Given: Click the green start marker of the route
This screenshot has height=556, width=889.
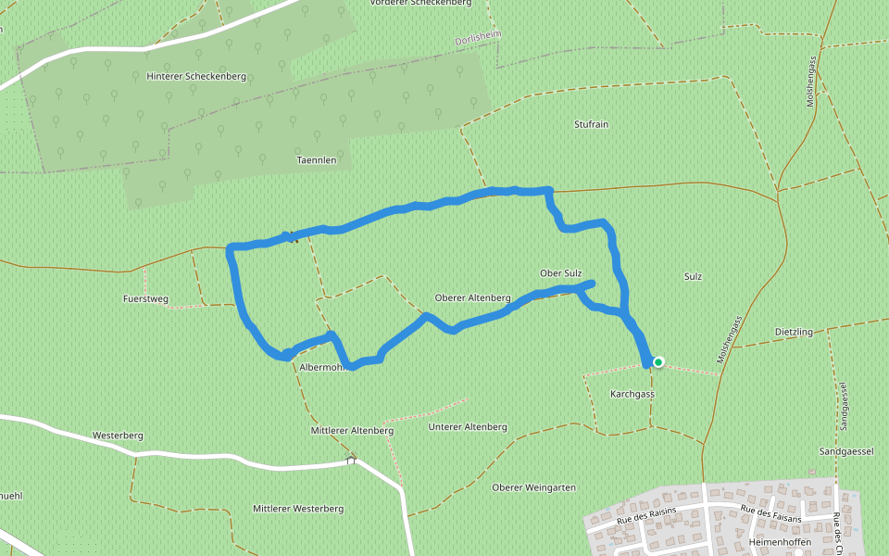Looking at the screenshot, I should click(658, 362).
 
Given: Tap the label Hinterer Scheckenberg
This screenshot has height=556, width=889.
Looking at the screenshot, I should click(196, 76).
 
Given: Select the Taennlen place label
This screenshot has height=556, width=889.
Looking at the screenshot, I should click(316, 160).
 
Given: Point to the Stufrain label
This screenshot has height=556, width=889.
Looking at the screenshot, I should click(591, 124).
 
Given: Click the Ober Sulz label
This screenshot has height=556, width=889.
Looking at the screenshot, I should click(560, 273).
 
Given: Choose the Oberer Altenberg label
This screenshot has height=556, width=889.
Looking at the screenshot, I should click(472, 298).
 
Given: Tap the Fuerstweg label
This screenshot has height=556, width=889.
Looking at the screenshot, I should click(145, 299).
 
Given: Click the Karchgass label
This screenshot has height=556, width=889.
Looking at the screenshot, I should click(632, 394).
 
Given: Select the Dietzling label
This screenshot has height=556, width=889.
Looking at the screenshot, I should click(794, 332).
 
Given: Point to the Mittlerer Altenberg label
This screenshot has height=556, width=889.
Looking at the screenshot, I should click(352, 431).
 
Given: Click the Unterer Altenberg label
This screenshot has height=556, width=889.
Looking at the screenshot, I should click(468, 427).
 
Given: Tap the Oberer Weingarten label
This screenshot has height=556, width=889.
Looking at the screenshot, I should click(534, 487).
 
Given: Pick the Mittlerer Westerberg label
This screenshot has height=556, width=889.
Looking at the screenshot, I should click(298, 509).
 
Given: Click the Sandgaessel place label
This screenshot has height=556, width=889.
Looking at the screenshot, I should click(846, 451).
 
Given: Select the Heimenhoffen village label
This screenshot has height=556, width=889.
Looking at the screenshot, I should click(780, 541).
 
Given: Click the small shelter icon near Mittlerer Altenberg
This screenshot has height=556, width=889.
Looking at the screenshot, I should click(351, 460).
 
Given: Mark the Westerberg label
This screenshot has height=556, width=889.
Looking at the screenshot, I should click(117, 435).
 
